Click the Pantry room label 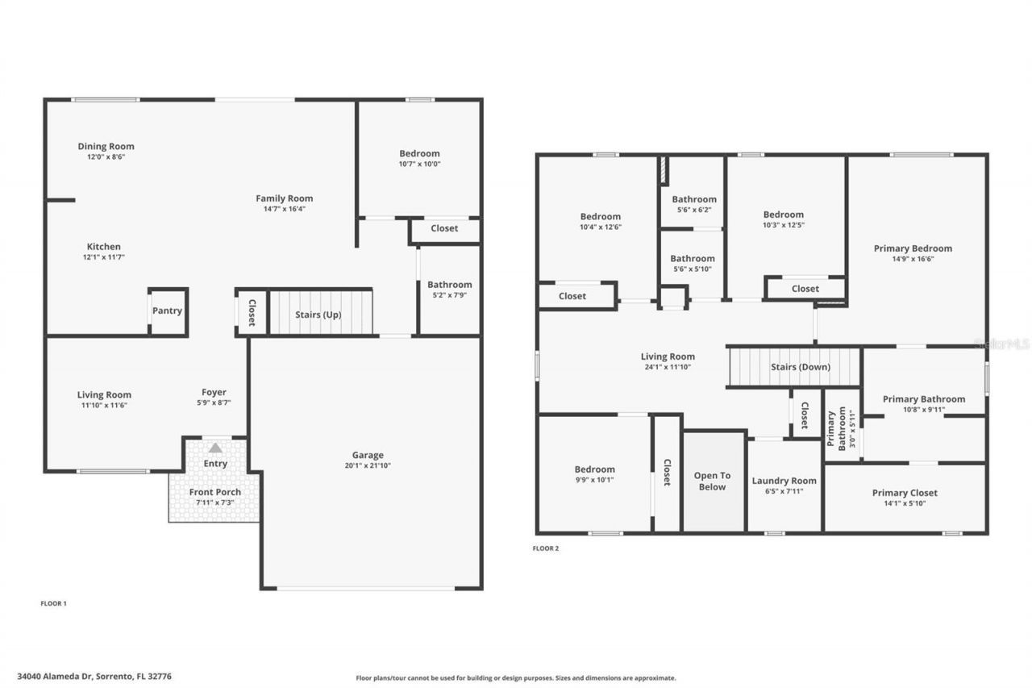click(x=168, y=311)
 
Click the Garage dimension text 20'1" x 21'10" click(x=368, y=465)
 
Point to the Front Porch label click(x=214, y=492)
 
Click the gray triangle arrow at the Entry click(x=215, y=448)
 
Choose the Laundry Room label click(x=784, y=481)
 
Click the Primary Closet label click(x=905, y=493)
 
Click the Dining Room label click(x=106, y=146)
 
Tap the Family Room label click(x=284, y=198)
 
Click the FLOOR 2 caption click(x=546, y=548)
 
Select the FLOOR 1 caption click(x=53, y=603)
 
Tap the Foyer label click(x=214, y=393)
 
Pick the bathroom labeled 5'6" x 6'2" click(x=693, y=210)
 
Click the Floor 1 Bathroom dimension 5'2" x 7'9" click(x=449, y=295)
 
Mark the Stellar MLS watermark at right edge click(x=1001, y=344)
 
